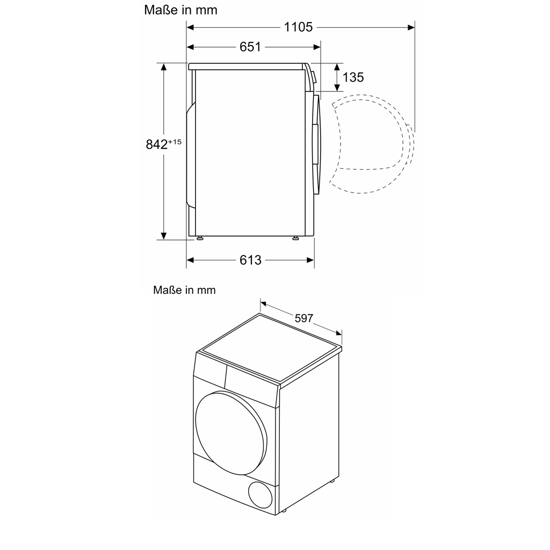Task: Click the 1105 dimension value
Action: click(298, 27)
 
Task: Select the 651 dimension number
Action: click(250, 47)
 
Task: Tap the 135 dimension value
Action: click(353, 77)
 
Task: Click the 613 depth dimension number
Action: click(250, 260)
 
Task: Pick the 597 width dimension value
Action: click(303, 319)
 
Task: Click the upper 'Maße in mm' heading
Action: click(181, 10)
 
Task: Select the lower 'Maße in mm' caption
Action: click(184, 290)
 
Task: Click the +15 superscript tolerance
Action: click(175, 142)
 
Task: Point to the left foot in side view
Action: click(199, 238)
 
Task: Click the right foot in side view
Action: click(296, 238)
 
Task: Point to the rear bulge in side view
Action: click(190, 156)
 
